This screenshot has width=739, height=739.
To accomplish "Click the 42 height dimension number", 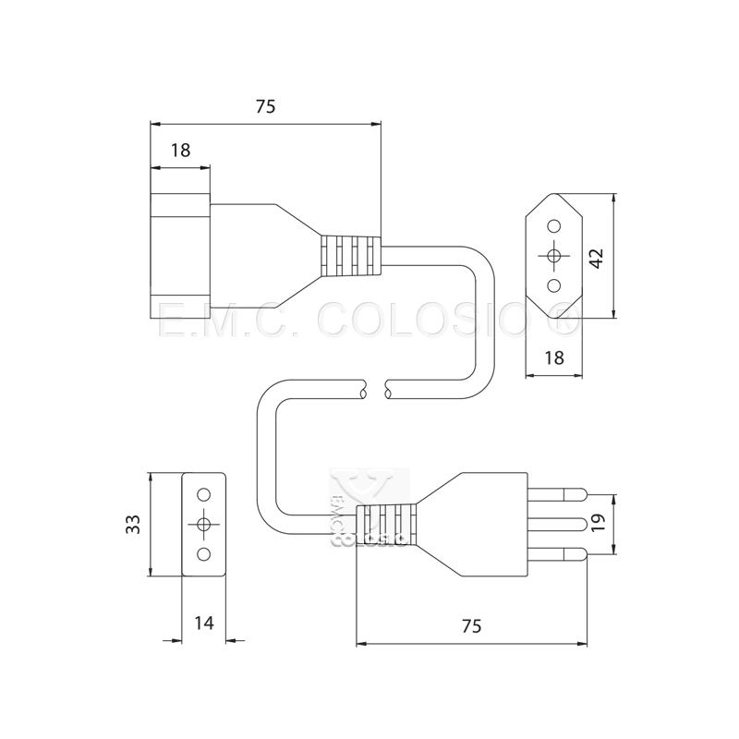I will click(x=598, y=258).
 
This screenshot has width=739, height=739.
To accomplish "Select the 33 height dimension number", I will click(x=134, y=524).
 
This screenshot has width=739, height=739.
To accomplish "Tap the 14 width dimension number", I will click(x=204, y=623).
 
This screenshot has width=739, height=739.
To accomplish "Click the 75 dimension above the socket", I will click(x=265, y=106).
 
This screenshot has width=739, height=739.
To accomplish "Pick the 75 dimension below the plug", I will click(x=470, y=625).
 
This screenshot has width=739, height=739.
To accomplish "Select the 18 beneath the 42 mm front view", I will click(x=554, y=357).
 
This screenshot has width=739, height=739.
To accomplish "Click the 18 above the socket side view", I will click(x=180, y=151).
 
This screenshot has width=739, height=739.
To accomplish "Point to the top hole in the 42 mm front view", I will click(x=554, y=226).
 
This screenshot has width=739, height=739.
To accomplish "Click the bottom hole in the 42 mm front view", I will click(x=554, y=286).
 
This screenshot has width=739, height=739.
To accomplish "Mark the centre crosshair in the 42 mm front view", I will click(x=554, y=257).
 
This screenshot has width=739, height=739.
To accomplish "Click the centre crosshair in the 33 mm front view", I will click(x=204, y=524).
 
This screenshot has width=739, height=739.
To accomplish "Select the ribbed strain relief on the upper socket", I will click(x=350, y=255).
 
